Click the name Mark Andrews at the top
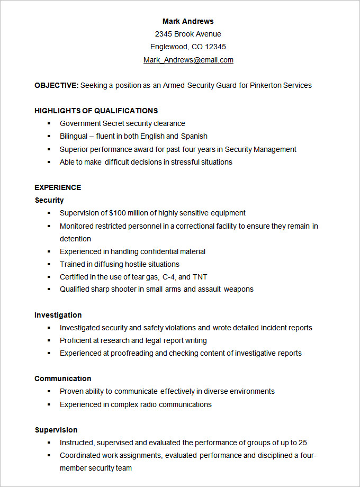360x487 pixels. point(188,21)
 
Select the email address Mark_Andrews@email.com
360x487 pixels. point(188,60)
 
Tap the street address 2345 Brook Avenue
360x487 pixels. point(188,34)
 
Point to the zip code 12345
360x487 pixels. point(215,47)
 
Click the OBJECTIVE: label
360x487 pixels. point(57,85)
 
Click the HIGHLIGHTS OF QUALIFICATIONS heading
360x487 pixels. point(96,111)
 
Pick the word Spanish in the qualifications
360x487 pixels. point(194,136)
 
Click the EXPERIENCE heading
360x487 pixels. point(58,187)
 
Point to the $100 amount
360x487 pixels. point(118,213)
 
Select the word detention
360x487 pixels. point(75,239)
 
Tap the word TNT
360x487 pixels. point(200,277)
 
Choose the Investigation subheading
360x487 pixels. point(58,315)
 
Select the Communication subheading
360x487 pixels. point(62,378)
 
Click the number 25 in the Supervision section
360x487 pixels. point(303,443)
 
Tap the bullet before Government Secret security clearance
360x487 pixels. point(49,123)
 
